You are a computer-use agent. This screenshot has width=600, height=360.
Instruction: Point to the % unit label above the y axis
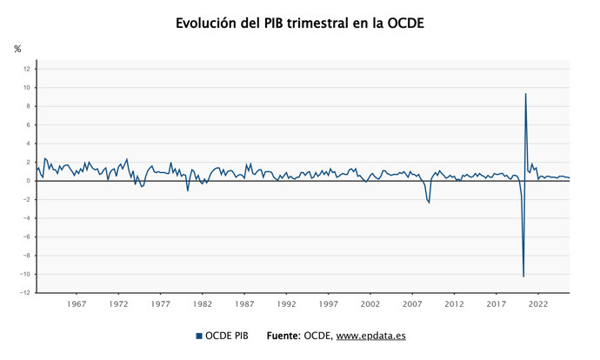pyautogui.click(x=17, y=49)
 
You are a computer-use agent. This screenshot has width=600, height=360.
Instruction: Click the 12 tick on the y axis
pyautogui.click(x=26, y=69)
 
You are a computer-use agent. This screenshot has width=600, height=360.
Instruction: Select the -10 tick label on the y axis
pyautogui.click(x=24, y=274)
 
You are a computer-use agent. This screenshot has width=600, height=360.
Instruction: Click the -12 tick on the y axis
pyautogui.click(x=24, y=293)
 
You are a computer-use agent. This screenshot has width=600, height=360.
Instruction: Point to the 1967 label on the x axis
pyautogui.click(x=76, y=304)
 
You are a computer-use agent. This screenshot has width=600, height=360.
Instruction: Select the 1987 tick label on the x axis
pyautogui.click(x=244, y=304)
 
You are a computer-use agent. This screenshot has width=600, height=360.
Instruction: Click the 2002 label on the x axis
pyautogui.click(x=370, y=304)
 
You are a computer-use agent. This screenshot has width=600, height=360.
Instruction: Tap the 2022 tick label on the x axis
pyautogui.click(x=538, y=304)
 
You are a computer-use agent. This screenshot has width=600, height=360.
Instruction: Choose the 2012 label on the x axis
pyautogui.click(x=454, y=304)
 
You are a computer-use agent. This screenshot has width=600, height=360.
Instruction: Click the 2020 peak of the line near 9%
pyautogui.click(x=525, y=94)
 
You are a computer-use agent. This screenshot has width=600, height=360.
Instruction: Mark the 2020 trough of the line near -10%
pyautogui.click(x=523, y=277)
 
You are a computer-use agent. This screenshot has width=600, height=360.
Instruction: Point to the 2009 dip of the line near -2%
pyautogui.click(x=429, y=203)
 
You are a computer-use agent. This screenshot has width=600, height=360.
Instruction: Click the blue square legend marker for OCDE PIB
pyautogui.click(x=198, y=336)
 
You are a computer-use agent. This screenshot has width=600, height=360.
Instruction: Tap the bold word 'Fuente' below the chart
pyautogui.click(x=283, y=336)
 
